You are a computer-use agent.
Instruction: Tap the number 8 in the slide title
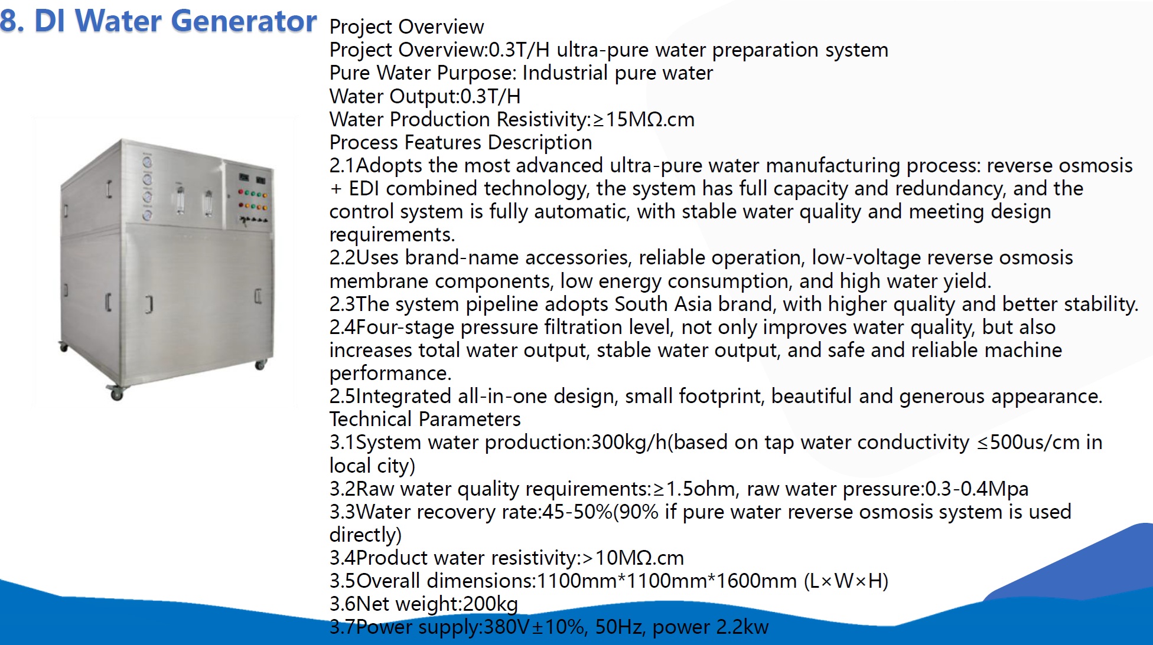coord(9,21)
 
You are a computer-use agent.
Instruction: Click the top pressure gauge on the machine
coord(147,161)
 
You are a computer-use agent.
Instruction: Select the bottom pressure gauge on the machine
coord(147,214)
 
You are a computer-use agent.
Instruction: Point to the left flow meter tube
coord(180,199)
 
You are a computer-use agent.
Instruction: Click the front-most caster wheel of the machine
coord(116,394)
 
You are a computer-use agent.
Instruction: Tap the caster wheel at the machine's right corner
coord(260,365)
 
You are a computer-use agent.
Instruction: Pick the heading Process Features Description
coord(461,143)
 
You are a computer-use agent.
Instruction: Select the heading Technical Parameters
coord(425,420)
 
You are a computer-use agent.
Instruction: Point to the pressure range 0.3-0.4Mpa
coord(977,489)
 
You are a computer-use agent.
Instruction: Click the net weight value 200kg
coord(490,604)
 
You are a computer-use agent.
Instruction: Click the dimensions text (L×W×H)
coord(846,581)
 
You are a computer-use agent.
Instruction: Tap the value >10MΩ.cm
coord(633,558)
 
